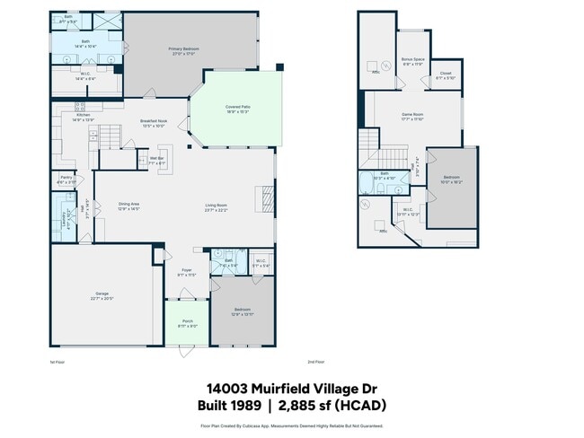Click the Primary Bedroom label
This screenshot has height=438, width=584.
[183, 49]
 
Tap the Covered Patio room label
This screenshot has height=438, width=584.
[237, 109]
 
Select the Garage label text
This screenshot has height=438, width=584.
[102, 295]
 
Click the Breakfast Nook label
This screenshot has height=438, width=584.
[154, 123]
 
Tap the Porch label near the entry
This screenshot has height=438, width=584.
[187, 322]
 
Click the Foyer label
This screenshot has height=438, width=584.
[187, 272]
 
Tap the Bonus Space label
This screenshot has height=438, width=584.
[413, 60]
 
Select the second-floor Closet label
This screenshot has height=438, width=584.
[446, 76]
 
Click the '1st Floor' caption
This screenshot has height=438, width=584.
[58, 362]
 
